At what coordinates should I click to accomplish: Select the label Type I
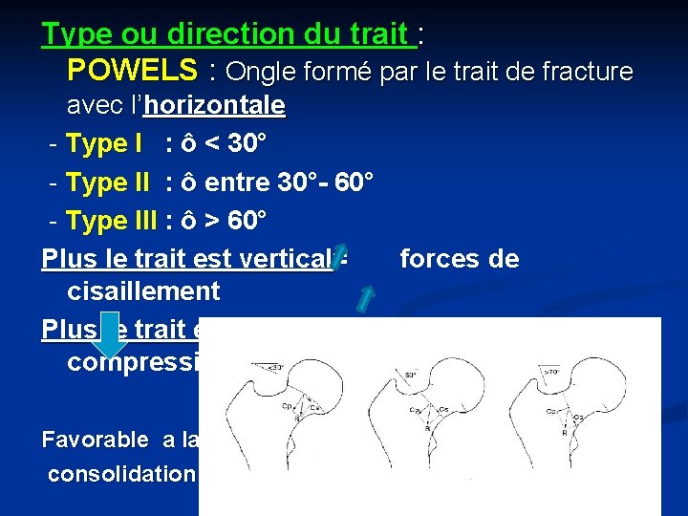[104, 143]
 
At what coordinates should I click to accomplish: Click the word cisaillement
[143, 290]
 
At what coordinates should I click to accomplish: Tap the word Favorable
[95, 440]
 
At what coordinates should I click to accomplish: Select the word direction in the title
[223, 34]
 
